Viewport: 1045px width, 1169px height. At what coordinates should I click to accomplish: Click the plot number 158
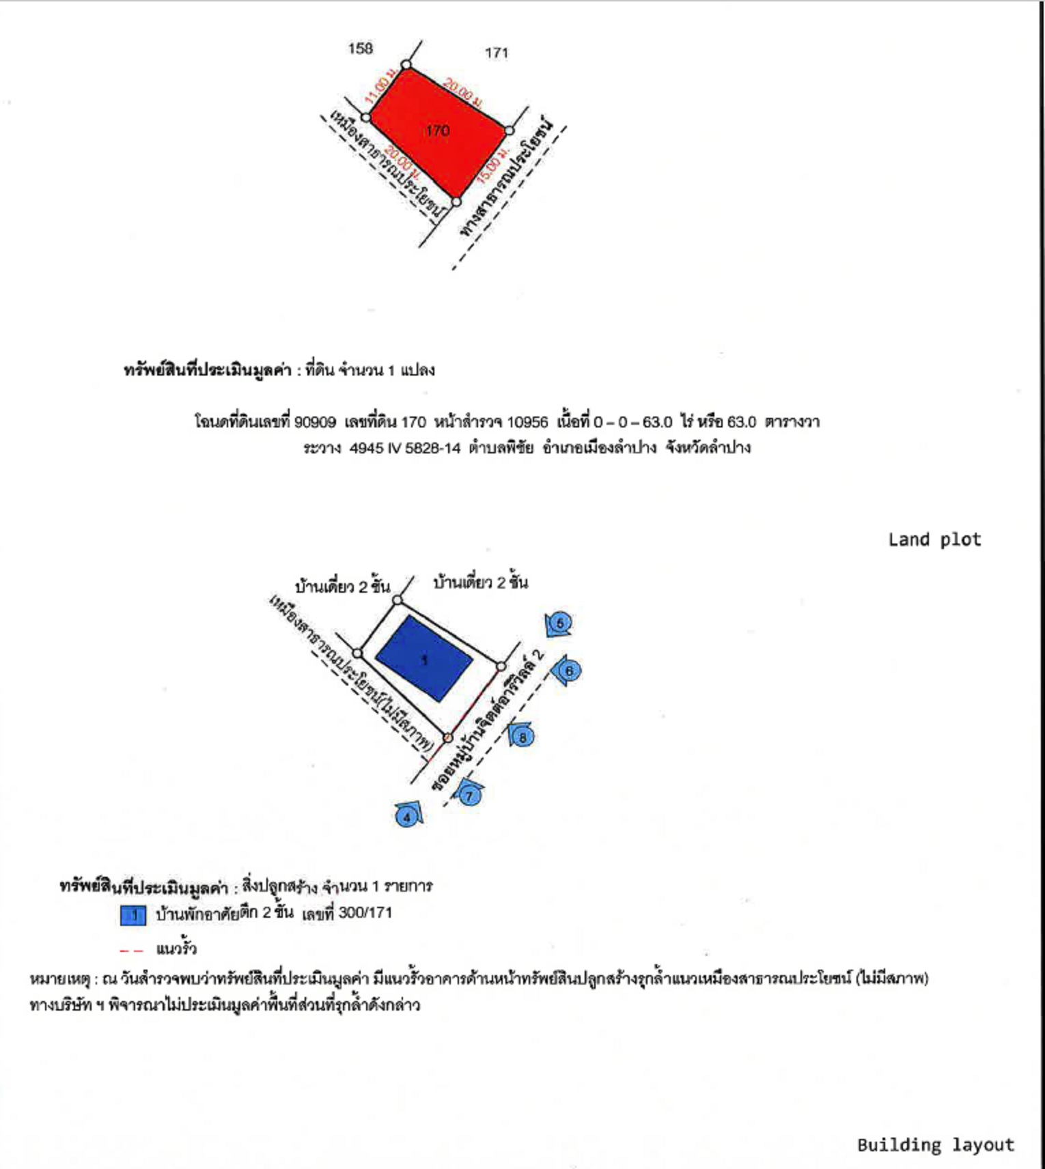pos(360,48)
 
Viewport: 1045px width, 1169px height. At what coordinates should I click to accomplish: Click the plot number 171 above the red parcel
pos(497,53)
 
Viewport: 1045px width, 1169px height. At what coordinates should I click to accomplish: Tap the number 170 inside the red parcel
pos(437,130)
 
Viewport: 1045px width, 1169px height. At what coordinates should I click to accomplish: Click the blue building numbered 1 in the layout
pos(424,658)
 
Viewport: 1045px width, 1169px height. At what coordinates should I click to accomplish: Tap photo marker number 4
pos(407,817)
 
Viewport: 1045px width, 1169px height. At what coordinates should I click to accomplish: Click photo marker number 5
pos(560,623)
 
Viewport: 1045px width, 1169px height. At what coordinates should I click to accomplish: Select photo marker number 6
pos(569,671)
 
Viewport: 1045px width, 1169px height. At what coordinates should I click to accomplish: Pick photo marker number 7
pos(469,795)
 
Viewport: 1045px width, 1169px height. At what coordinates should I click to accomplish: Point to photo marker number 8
pos(522,737)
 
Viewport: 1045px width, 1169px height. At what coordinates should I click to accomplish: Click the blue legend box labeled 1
pos(133,915)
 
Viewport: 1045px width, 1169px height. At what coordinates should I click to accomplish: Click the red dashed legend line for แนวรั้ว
pos(131,950)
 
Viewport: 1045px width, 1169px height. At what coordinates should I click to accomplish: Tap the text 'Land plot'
pos(934,540)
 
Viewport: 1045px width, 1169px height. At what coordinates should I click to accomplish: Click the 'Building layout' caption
pos(936,1145)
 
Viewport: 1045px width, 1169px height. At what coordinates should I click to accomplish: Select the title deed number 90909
pos(315,422)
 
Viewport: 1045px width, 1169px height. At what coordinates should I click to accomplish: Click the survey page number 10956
pos(527,422)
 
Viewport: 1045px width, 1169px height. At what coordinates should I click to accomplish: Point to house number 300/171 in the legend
pos(365,913)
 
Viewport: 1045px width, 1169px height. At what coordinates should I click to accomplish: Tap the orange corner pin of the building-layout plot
pos(448,737)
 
